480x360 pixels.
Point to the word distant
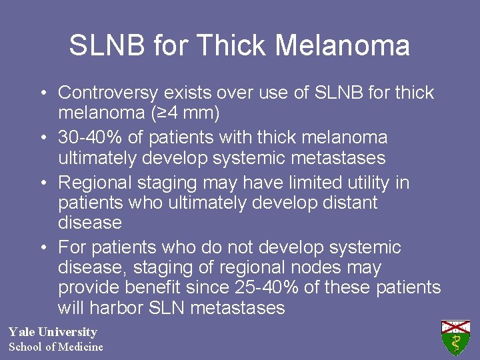click(349, 203)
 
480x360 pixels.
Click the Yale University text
click(53, 332)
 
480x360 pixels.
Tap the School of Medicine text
click(56, 347)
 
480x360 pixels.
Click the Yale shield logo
click(455, 337)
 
